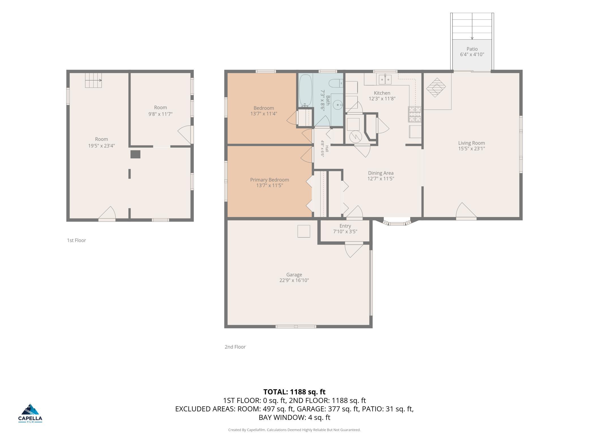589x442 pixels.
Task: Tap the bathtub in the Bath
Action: [x=306, y=90]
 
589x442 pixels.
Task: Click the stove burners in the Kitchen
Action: [x=415, y=114]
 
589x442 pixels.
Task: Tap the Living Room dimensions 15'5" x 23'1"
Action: [x=471, y=148]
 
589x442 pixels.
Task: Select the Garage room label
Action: [x=294, y=275]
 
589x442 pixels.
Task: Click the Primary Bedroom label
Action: [x=270, y=180]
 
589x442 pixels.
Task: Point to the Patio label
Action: [x=472, y=49]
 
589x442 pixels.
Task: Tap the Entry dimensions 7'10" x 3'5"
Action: [x=345, y=231]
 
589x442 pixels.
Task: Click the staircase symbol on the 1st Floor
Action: [x=93, y=80]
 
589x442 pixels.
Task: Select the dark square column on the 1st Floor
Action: [x=135, y=154]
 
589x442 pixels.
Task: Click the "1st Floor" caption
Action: [x=76, y=240]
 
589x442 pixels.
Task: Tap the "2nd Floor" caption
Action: [x=235, y=347]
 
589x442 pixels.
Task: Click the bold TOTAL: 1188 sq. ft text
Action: [x=294, y=392]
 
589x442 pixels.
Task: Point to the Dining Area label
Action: [x=381, y=173]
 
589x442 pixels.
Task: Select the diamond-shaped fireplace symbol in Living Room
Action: [x=436, y=88]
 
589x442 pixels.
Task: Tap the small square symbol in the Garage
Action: [x=304, y=231]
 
